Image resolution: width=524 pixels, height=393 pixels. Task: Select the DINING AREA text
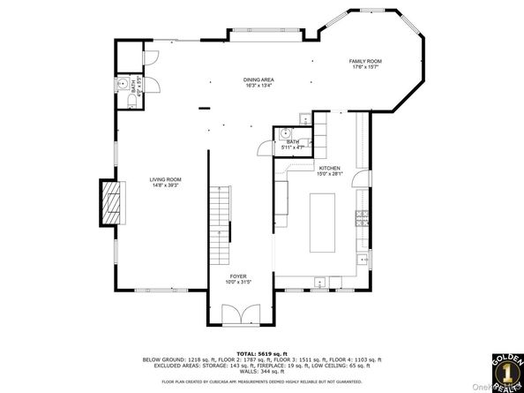[258, 80]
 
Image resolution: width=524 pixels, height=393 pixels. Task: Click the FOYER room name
[238, 276]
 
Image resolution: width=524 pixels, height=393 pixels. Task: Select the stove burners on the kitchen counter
[361, 217]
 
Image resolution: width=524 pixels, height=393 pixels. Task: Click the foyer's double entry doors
[238, 314]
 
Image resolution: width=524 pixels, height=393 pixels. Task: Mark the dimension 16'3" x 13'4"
[258, 86]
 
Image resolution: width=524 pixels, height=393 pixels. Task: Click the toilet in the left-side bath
[130, 102]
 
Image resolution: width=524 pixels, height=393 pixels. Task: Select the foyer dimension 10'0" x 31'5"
[238, 283]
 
